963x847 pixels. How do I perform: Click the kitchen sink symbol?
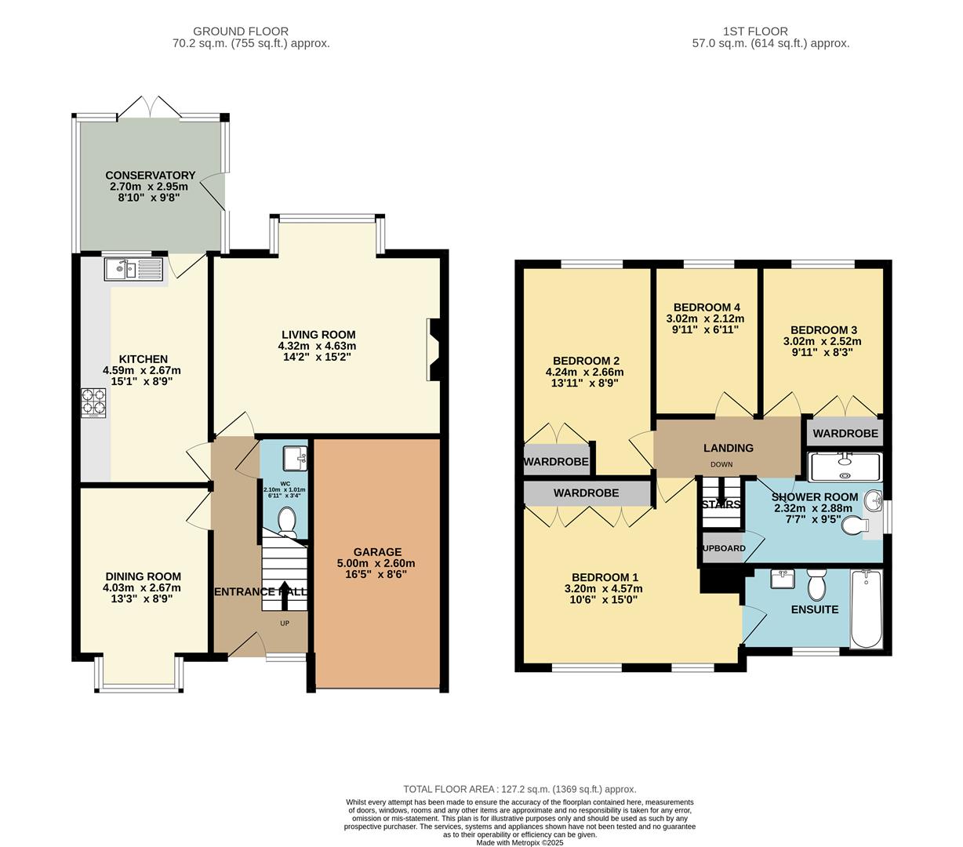point(133,270)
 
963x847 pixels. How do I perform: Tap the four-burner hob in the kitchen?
point(93,402)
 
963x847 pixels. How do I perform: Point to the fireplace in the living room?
point(433,349)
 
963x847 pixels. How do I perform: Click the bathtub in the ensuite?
point(867,609)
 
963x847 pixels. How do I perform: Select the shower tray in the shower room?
point(845,466)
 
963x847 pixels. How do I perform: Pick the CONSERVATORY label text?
point(150,175)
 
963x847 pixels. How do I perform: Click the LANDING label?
point(728,448)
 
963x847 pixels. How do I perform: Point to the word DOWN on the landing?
point(721,465)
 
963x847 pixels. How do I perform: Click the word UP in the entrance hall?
point(284,623)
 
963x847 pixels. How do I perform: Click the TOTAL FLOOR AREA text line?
point(519,789)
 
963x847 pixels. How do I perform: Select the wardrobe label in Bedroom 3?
point(845,433)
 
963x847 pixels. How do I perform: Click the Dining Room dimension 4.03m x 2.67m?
point(142,587)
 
